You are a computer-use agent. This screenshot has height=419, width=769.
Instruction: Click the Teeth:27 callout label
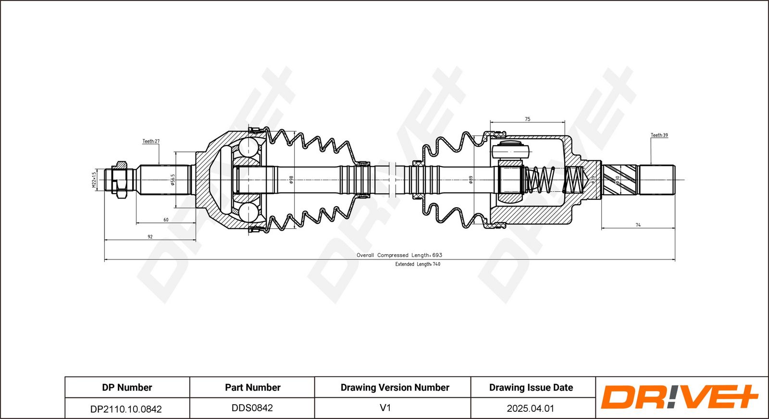151,141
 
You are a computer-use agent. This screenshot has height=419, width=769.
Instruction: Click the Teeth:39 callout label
659,135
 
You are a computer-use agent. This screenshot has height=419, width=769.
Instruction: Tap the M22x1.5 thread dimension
94,180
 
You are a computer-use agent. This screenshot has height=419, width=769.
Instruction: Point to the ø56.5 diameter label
173,180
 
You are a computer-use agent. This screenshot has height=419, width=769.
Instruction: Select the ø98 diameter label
291,180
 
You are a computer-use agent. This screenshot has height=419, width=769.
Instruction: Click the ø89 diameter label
471,180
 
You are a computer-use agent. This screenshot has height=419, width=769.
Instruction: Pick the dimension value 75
527,119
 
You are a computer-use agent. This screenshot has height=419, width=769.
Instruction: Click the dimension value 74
638,225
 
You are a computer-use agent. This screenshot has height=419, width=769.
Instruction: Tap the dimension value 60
166,220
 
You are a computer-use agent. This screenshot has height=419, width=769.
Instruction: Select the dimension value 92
150,236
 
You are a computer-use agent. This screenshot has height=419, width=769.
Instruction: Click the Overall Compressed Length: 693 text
399,255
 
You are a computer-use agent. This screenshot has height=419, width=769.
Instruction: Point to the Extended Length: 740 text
418,264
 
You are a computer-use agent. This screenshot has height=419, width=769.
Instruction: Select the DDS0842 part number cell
252,408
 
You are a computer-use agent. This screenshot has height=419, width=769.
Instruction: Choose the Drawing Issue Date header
531,387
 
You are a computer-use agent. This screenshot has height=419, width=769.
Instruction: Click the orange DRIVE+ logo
680,397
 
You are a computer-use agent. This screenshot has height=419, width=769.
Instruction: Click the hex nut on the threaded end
120,180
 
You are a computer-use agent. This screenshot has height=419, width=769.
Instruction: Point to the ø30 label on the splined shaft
618,180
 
